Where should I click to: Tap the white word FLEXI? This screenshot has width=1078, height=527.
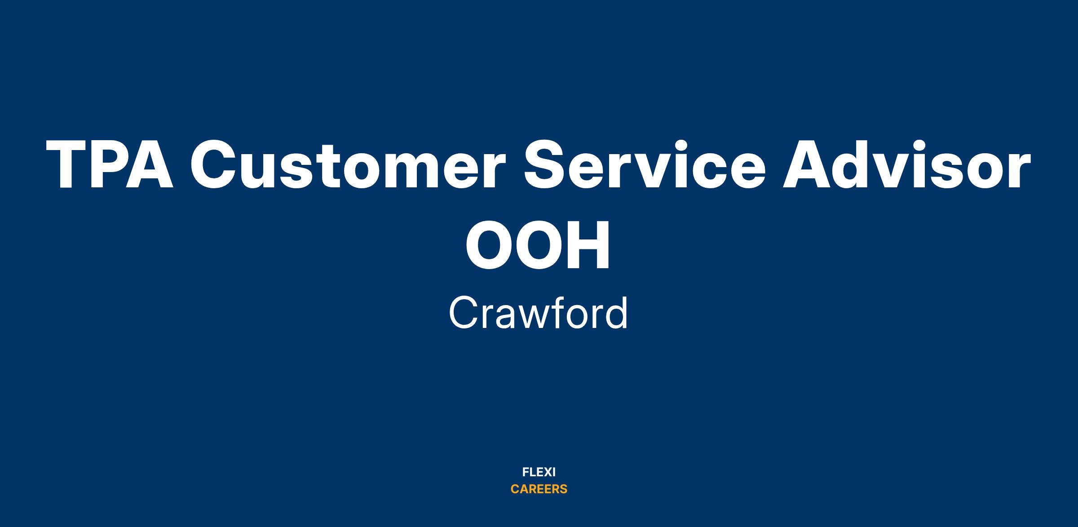tap(539, 472)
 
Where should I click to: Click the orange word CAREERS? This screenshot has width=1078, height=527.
tap(539, 489)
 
